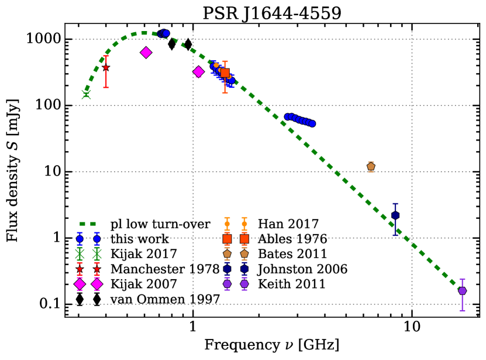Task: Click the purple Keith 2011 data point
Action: [463, 291]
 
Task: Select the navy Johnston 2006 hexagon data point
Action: [395, 215]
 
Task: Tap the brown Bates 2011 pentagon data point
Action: [371, 167]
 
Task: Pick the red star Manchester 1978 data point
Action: [106, 68]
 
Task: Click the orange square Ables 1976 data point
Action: [225, 73]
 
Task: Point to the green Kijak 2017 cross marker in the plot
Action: [86, 94]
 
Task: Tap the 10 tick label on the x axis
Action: [412, 327]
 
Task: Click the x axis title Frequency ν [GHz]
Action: [271, 345]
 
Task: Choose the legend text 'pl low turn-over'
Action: [154, 224]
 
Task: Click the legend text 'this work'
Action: [140, 239]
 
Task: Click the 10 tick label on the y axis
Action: [50, 172]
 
